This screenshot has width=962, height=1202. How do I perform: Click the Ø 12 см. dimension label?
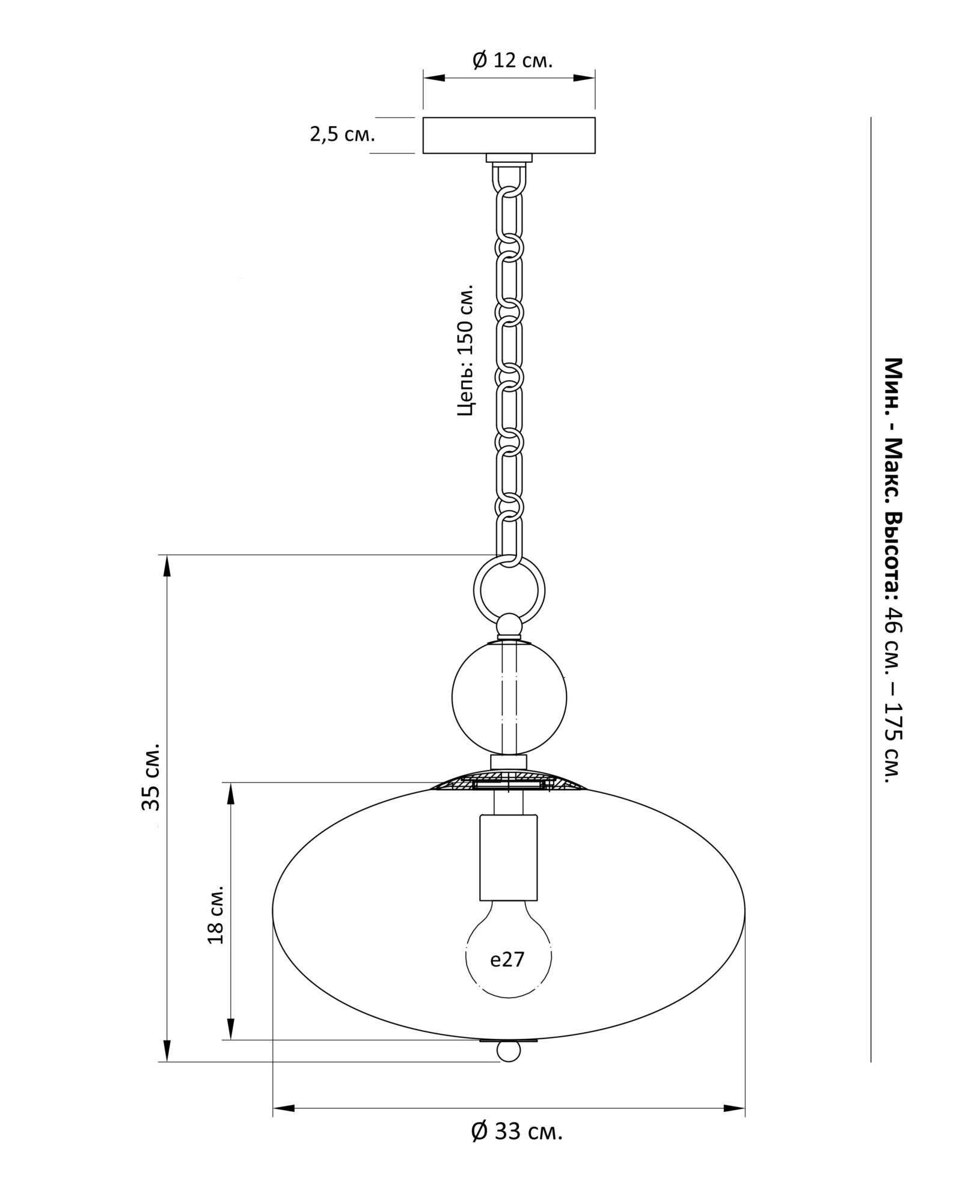512,61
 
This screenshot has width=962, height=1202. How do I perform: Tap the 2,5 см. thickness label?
342,134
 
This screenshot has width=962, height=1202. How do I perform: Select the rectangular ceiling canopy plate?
509,135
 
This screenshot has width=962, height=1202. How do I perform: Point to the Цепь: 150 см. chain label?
467,350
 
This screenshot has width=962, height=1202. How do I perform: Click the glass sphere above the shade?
509,697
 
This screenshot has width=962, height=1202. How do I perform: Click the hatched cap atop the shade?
509,783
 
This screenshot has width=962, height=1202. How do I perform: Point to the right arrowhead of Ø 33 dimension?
736,1108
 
